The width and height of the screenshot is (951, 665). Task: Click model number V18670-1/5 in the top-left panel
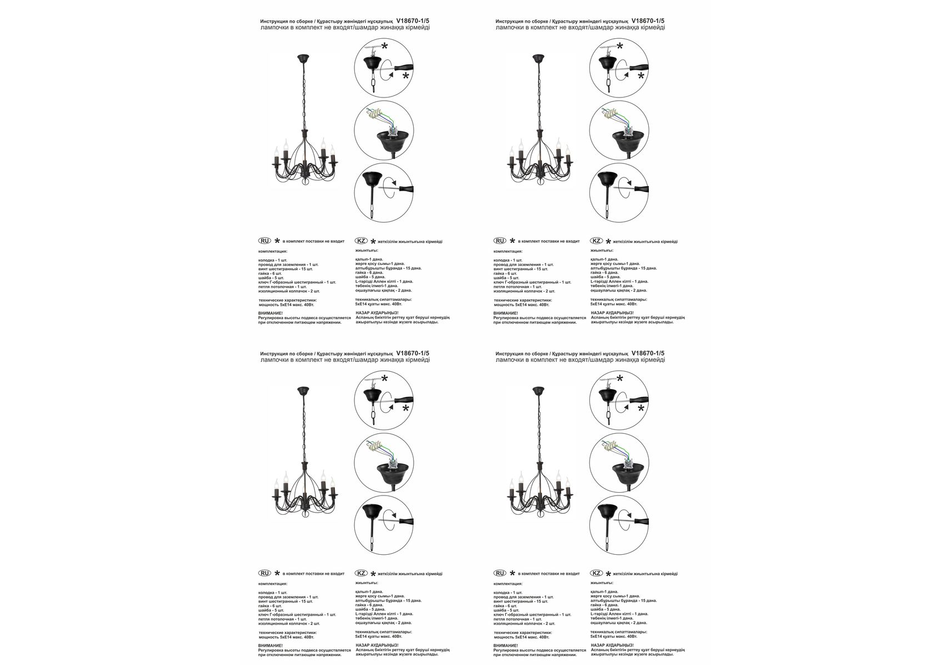point(413,21)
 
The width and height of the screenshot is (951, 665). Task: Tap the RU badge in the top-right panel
point(500,241)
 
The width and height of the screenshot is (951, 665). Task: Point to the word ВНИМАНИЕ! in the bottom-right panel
point(506,646)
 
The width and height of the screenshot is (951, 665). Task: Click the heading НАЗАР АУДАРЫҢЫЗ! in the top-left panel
point(377,313)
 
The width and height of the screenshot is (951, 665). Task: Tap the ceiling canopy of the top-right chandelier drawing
point(538,58)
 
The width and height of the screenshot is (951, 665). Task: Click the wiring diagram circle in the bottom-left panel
point(384,462)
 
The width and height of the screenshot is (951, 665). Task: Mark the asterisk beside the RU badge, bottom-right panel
point(512,574)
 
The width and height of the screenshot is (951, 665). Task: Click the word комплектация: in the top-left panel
point(272,251)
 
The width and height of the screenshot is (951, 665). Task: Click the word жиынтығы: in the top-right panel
point(601,250)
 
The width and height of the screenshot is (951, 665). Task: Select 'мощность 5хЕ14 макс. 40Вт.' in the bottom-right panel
point(521,637)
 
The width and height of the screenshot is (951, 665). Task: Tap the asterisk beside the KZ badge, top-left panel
point(373,242)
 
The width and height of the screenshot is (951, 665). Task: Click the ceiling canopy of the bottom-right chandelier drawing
point(538,391)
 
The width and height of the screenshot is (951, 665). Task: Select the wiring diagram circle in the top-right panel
point(619,130)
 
